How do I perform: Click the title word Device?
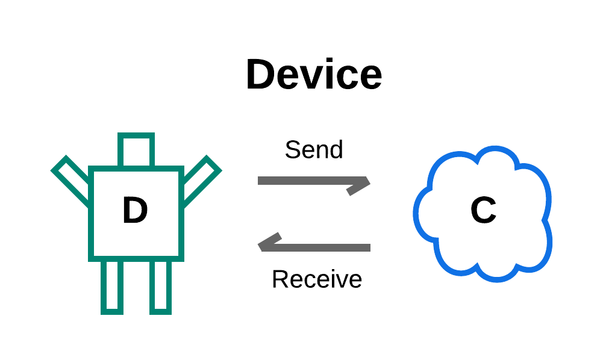(x=314, y=76)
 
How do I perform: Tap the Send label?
(x=314, y=149)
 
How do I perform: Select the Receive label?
(x=317, y=279)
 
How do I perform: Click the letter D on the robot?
(x=135, y=211)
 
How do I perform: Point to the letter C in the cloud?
(x=483, y=211)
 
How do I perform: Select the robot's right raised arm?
(x=199, y=178)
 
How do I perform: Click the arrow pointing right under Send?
(x=313, y=181)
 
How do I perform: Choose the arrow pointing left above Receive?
(x=314, y=247)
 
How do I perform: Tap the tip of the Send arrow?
(x=367, y=182)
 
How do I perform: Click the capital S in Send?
(x=292, y=149)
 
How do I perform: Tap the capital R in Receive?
(x=279, y=279)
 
